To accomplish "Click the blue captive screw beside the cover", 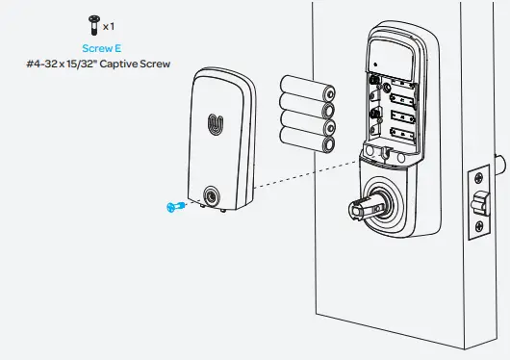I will (174, 205).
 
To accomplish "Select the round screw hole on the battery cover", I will (210, 196).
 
